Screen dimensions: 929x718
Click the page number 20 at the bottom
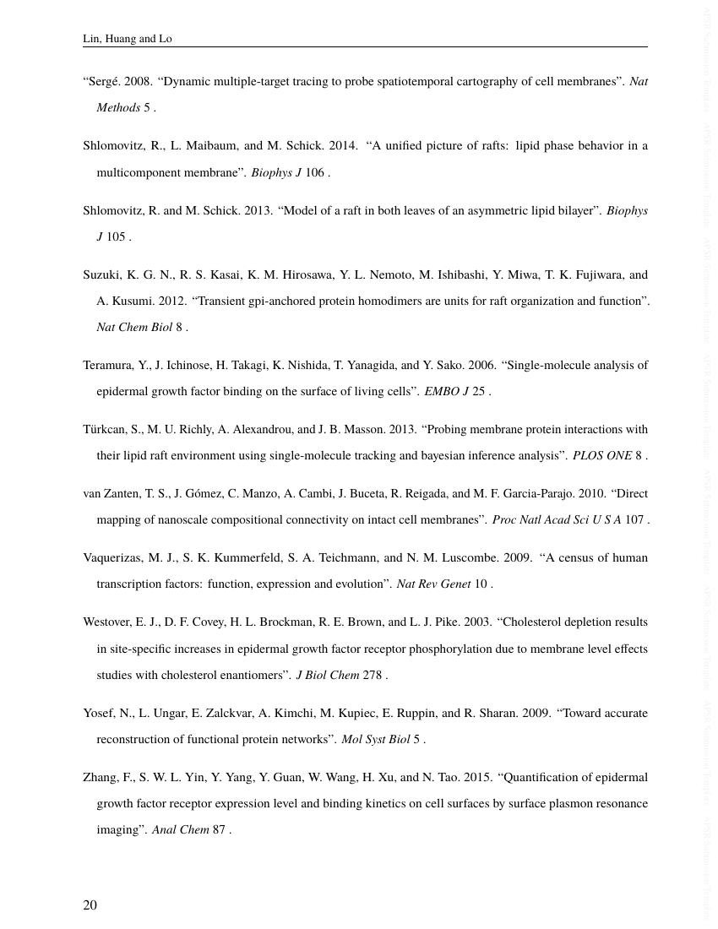tap(90, 905)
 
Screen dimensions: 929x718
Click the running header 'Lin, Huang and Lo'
tap(127, 39)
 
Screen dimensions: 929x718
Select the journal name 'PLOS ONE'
tap(601, 456)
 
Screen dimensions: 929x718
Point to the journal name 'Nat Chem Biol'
tap(134, 328)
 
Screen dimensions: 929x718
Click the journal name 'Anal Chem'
tap(180, 830)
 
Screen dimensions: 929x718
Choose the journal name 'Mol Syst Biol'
tap(375, 740)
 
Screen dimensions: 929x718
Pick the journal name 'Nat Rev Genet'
tap(433, 584)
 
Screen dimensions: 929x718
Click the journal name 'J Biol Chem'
tap(327, 676)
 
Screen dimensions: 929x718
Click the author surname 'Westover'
tap(107, 622)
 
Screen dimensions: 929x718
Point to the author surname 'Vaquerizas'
tap(112, 558)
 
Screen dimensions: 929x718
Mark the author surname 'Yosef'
tap(98, 714)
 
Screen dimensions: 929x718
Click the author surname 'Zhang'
tap(100, 778)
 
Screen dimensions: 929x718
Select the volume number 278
tap(373, 676)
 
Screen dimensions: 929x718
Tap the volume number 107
tap(634, 520)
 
